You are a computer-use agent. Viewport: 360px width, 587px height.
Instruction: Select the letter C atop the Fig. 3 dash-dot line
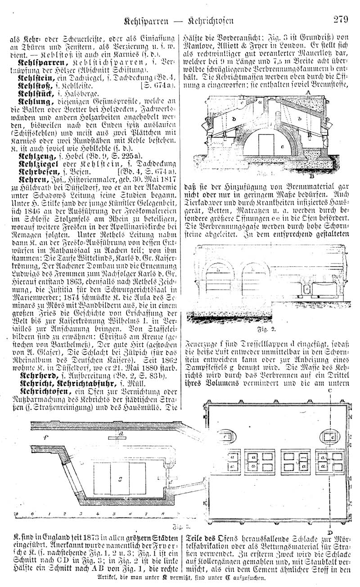click(330, 391)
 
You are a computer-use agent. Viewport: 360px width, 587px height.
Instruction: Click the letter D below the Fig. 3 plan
click(330, 533)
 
